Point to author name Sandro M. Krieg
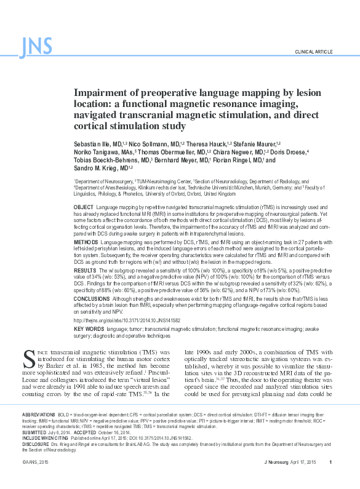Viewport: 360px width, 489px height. tap(94, 168)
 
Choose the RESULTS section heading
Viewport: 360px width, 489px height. tap(84, 270)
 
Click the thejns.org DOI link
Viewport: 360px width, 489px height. tap(127, 320)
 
